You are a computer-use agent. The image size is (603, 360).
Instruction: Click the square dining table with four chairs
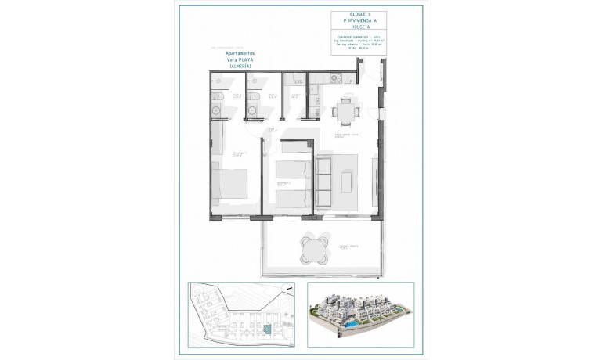click(x=345, y=110)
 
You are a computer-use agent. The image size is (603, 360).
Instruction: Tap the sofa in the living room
click(x=323, y=181)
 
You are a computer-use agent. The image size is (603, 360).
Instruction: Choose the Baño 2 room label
click(x=273, y=96)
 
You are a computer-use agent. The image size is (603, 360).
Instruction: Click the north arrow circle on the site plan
click(x=291, y=290)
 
